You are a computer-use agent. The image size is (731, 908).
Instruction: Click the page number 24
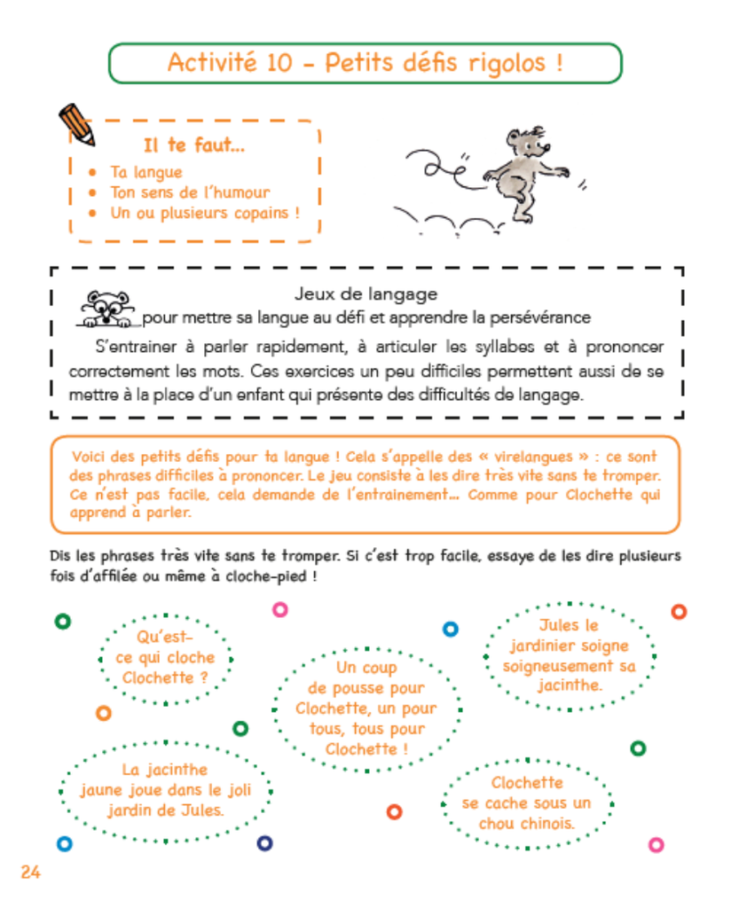[x=29, y=872]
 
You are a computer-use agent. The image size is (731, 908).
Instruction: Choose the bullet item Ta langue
[x=146, y=172]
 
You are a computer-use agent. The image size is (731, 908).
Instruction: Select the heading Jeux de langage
[x=365, y=294]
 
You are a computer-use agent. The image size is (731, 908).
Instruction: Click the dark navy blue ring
[x=264, y=843]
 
